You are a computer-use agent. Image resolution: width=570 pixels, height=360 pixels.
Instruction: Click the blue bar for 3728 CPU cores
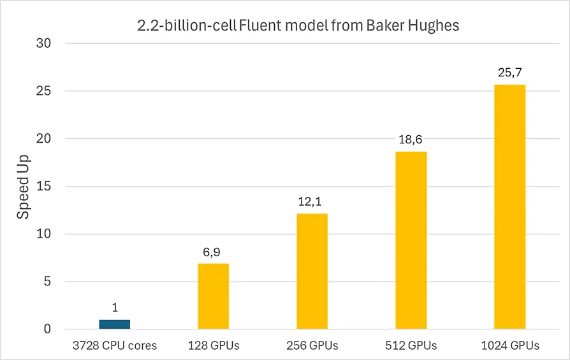115,324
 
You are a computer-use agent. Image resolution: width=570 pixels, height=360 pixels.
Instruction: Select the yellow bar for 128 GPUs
214,296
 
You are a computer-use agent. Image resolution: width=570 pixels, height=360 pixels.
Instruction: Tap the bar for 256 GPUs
312,271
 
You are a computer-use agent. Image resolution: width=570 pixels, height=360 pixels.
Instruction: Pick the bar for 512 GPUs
411,240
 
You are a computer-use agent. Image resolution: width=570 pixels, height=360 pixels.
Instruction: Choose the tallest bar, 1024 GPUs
510,206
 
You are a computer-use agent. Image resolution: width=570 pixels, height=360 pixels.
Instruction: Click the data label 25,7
510,73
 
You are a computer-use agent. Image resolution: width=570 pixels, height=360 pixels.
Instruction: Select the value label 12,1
312,203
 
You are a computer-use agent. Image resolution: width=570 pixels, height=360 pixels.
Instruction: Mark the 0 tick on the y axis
47,329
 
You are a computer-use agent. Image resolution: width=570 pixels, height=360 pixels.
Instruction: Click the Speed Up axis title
23,187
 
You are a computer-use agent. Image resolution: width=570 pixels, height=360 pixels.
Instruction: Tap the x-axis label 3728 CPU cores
115,346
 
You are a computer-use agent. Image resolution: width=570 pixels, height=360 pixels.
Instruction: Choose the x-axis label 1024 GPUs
510,346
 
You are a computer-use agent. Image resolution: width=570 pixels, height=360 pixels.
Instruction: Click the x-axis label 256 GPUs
312,346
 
